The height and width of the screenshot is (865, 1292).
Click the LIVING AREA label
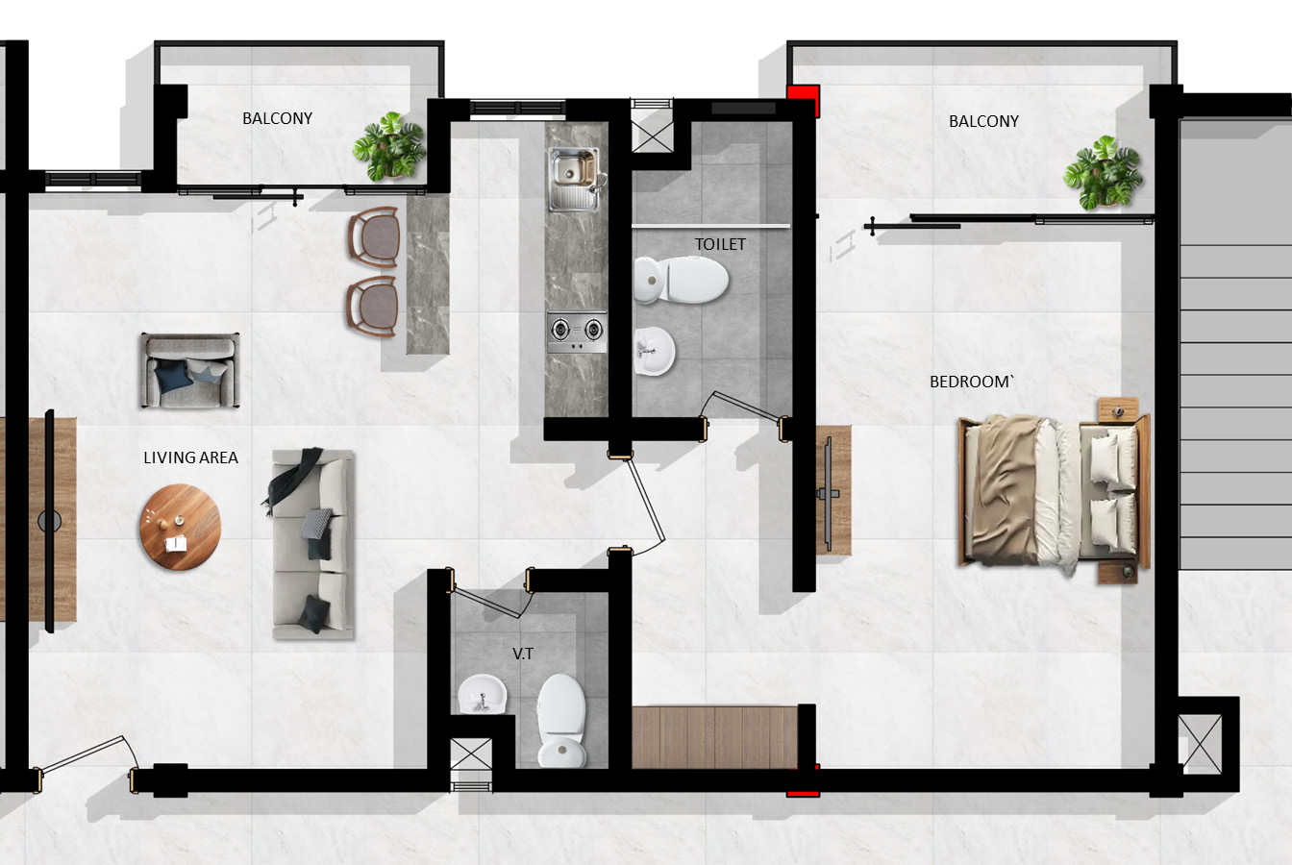190,457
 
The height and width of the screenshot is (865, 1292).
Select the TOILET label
720,244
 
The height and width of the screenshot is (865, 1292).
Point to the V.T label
523,654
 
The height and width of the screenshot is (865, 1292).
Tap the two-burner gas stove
577,330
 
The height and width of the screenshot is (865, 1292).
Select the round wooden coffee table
180,528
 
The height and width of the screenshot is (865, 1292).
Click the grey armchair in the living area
189,371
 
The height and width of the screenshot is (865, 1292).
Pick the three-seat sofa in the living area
312,543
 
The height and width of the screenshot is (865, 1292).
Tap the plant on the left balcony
388,146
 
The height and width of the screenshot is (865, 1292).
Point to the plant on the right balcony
1103,173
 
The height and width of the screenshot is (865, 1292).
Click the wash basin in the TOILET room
655,353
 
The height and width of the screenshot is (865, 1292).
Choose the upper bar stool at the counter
374,236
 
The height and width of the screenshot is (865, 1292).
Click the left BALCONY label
277,118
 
